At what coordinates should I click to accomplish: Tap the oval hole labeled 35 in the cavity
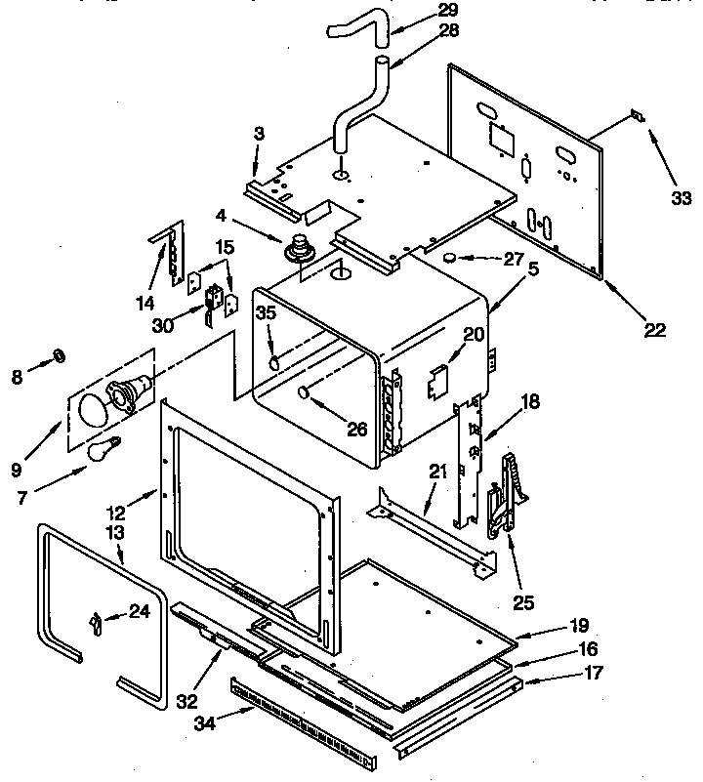click(x=275, y=362)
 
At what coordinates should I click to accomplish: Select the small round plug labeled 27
click(x=451, y=258)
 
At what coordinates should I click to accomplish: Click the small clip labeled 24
click(x=95, y=621)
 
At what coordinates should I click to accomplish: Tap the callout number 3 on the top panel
click(x=259, y=135)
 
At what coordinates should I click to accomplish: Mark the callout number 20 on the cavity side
click(x=473, y=335)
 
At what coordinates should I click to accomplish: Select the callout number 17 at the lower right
click(x=593, y=673)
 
